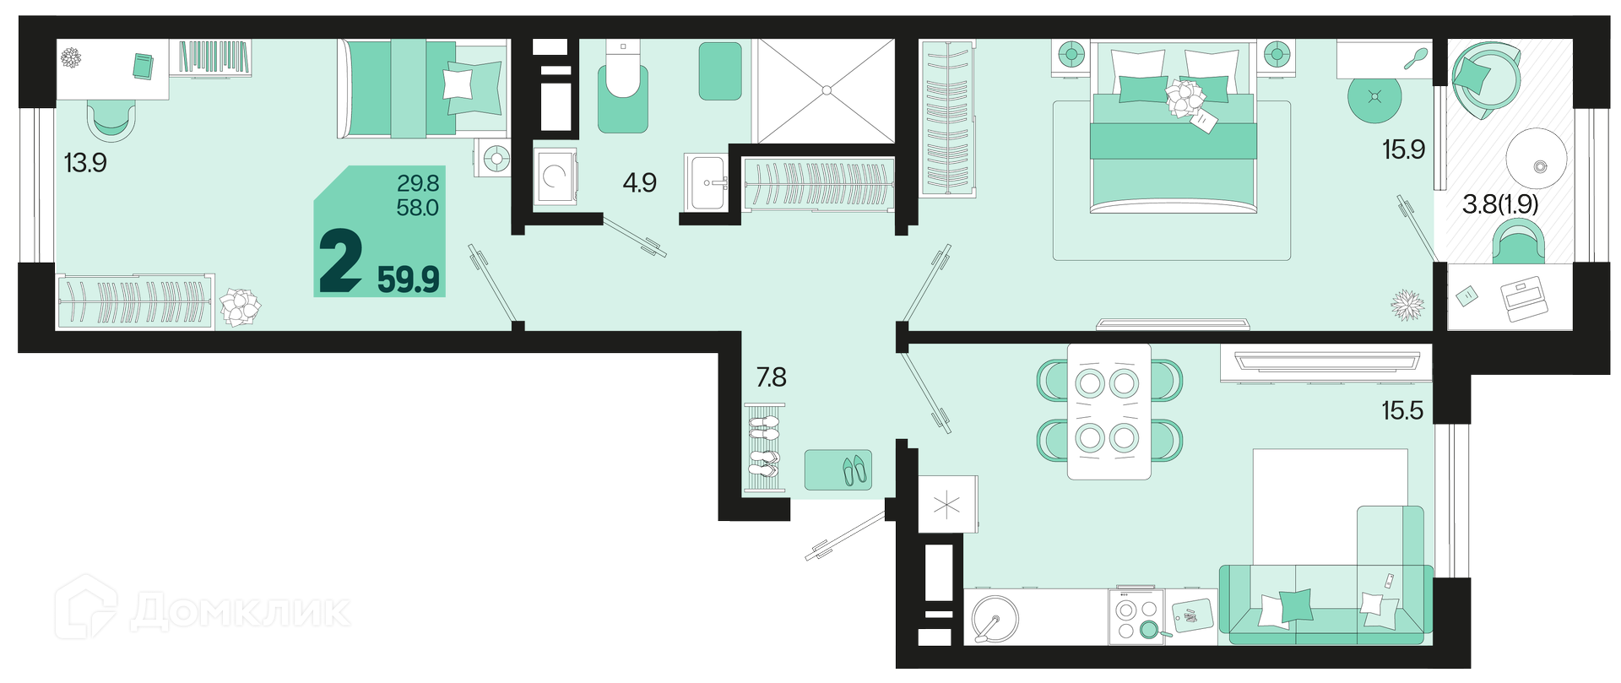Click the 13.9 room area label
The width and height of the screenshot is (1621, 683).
click(85, 162)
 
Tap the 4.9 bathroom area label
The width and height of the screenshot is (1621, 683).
click(639, 182)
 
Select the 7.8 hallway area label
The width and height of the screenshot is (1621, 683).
click(771, 377)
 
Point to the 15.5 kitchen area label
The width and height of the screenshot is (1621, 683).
click(1402, 411)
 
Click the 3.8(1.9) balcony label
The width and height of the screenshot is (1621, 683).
click(1500, 204)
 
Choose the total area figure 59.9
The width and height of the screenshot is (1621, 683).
click(409, 279)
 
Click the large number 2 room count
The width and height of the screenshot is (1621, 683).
click(341, 262)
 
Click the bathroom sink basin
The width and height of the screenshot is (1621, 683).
click(706, 182)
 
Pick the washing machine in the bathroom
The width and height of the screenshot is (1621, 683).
click(556, 176)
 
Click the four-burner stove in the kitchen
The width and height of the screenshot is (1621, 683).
click(1136, 617)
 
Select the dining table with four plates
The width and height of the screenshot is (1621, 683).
click(1109, 411)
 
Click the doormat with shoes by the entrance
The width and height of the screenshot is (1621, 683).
click(838, 470)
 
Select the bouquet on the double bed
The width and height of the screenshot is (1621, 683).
click(1185, 96)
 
